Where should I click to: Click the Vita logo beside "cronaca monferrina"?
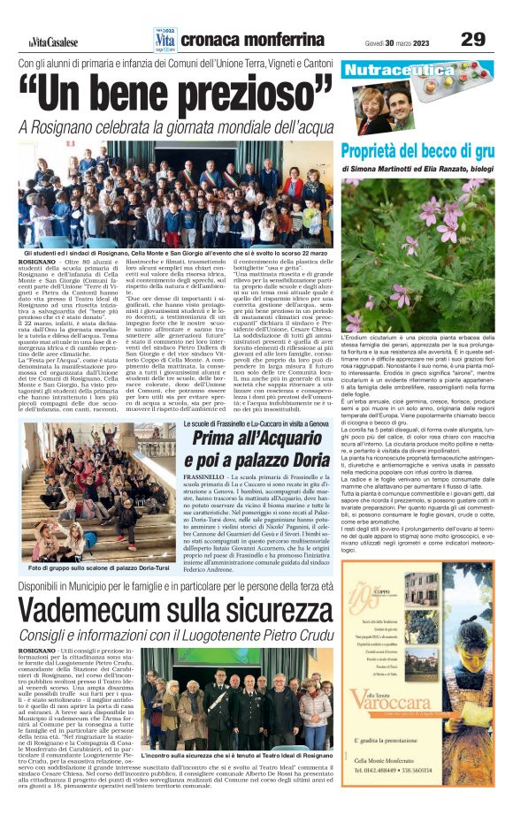pos(165,39)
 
